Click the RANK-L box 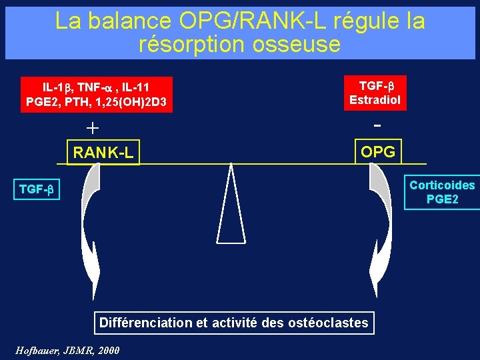103,153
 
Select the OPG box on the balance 377,151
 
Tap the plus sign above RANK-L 92,127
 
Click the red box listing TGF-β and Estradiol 377,93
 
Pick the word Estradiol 377,101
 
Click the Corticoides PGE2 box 442,192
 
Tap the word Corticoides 442,185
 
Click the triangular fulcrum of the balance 231,207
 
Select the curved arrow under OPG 383,227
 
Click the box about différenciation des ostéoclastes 233,323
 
